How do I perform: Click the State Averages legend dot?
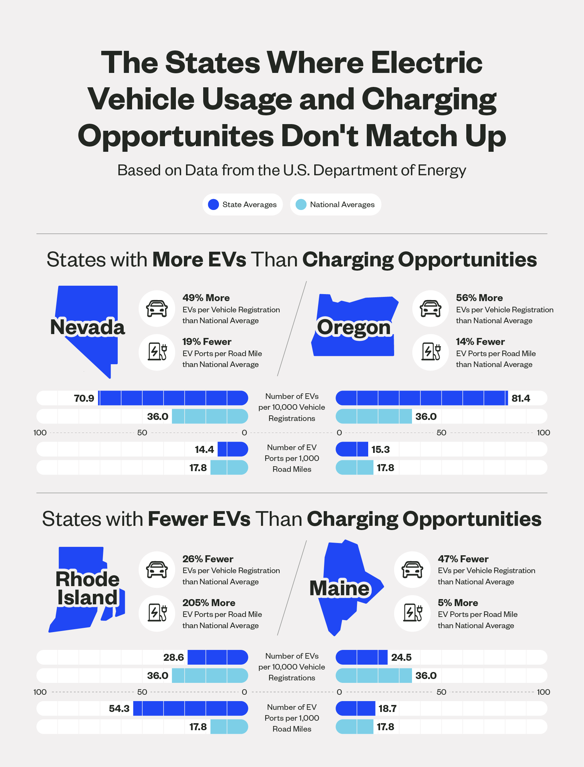(213, 204)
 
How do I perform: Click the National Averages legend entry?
(335, 204)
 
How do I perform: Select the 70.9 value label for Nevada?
(84, 398)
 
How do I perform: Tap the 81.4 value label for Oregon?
(521, 398)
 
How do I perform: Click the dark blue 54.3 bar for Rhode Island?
(190, 708)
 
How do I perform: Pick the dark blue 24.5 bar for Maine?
(362, 657)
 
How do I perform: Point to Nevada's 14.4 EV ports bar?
(233, 449)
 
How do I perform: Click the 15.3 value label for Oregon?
(380, 449)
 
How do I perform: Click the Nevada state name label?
(88, 327)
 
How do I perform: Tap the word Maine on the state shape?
(339, 588)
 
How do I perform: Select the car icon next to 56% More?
(430, 308)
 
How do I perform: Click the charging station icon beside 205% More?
(157, 613)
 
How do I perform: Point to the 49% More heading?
(206, 298)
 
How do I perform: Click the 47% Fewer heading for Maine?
(463, 559)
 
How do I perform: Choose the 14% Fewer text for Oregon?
(480, 341)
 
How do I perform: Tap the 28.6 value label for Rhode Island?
(173, 657)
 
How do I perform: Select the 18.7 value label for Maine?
(387, 708)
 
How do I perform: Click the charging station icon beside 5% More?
(412, 613)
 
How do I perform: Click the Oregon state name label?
(353, 327)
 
